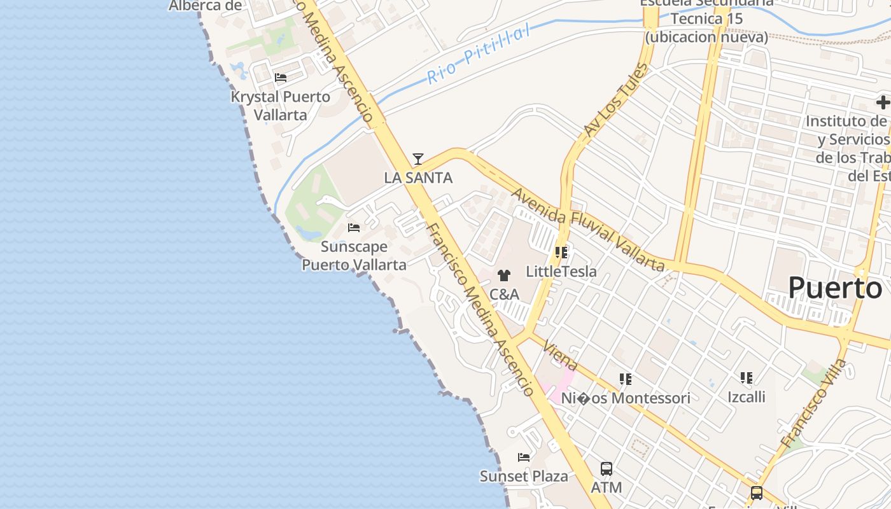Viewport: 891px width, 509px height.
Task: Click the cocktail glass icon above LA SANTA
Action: [418, 159]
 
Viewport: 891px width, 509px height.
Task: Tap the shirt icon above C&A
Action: [504, 275]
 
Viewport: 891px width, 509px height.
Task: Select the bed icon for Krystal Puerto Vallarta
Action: [281, 78]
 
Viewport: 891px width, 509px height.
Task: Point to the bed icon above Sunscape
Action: [354, 227]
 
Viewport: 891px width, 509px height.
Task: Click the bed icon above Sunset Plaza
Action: [524, 457]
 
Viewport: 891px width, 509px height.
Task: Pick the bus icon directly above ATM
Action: [607, 469]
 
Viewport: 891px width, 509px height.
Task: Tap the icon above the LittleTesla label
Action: [561, 253]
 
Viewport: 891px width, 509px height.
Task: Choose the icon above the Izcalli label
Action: [747, 378]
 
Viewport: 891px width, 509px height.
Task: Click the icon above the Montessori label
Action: [626, 379]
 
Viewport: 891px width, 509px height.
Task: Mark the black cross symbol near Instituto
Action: [883, 102]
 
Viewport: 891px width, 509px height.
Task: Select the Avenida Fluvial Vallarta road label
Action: [588, 229]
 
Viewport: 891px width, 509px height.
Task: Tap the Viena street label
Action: [561, 356]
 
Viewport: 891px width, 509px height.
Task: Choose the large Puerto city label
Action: [835, 288]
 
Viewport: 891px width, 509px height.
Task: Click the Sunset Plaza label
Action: [524, 476]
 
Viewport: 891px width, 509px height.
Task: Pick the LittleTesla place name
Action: [561, 272]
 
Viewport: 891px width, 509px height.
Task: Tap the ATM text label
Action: [607, 487]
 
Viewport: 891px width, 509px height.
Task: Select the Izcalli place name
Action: [747, 397]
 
